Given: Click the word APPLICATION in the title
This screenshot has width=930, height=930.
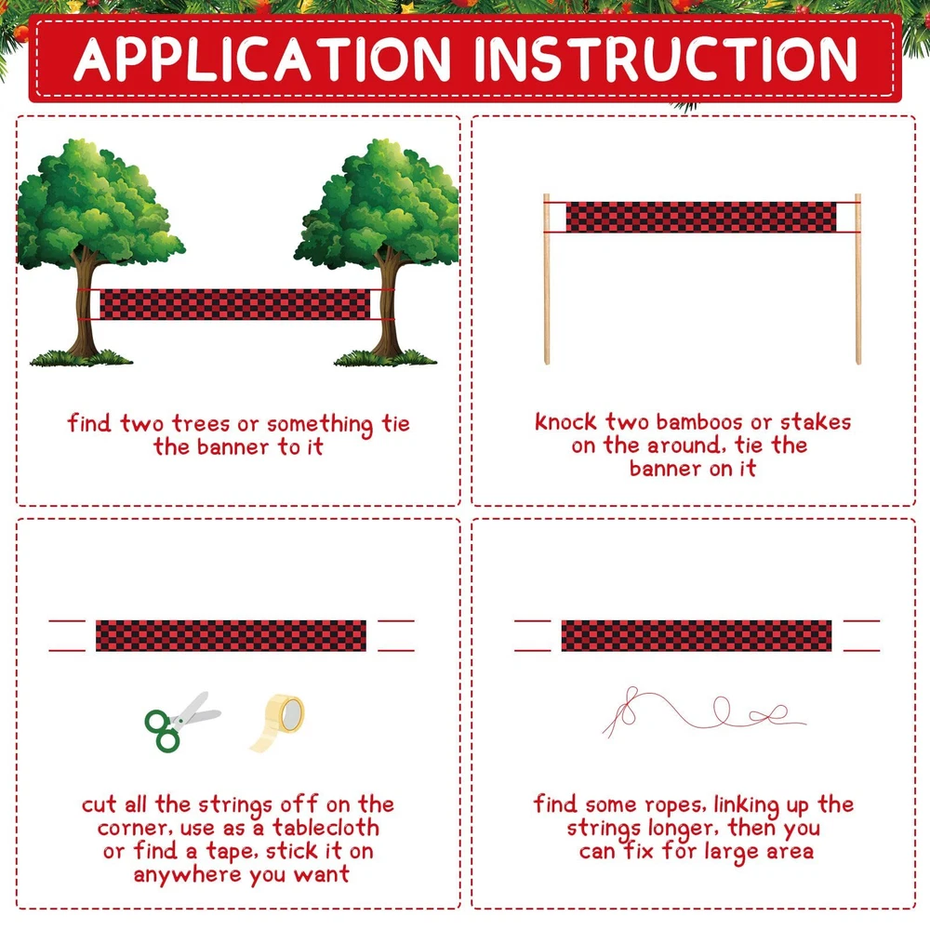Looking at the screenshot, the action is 262,59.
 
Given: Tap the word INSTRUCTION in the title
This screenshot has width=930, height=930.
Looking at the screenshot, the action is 666,59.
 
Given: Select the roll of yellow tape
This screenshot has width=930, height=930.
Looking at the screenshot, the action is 277,723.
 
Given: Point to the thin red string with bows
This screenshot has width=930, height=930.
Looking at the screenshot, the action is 703,712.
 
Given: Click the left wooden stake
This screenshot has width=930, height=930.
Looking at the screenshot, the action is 546,279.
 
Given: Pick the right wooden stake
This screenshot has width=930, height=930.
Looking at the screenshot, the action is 857,279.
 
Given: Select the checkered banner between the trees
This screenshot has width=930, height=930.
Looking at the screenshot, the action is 235,304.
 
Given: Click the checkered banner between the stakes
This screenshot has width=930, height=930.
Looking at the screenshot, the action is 701,217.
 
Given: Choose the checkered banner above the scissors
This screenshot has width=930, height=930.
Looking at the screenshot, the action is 231,636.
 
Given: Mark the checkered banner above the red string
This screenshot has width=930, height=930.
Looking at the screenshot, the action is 697,636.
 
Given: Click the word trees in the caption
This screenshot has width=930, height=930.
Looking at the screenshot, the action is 201,424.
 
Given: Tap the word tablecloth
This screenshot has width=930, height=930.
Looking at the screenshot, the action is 325,828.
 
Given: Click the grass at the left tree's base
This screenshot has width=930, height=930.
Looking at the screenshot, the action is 81,358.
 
